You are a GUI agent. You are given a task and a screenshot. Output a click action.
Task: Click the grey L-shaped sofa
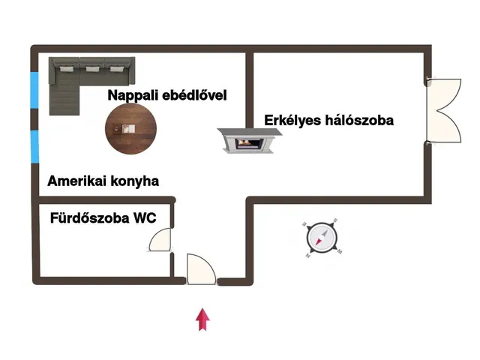[90, 73]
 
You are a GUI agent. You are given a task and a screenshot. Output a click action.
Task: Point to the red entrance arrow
[202, 318]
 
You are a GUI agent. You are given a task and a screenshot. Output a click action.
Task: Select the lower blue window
[34, 145]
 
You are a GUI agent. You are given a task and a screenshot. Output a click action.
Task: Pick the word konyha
[136, 181]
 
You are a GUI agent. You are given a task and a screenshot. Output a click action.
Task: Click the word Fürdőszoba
[88, 219]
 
